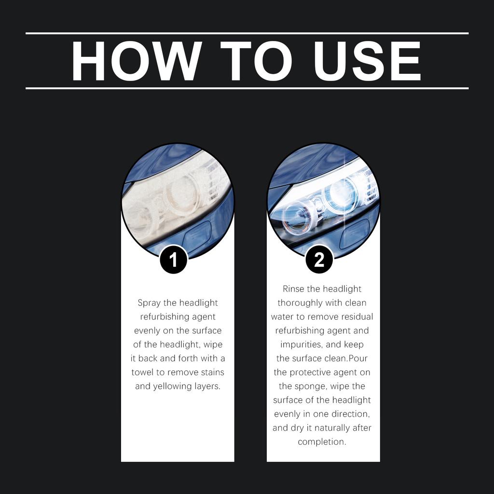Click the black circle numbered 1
[173, 260]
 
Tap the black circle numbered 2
[319, 260]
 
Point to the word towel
[144, 372]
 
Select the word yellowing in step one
[173, 386]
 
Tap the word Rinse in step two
[294, 289]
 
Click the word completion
[321, 442]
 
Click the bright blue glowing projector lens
[340, 196]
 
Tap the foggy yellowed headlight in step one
[166, 198]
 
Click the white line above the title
[247, 33]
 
